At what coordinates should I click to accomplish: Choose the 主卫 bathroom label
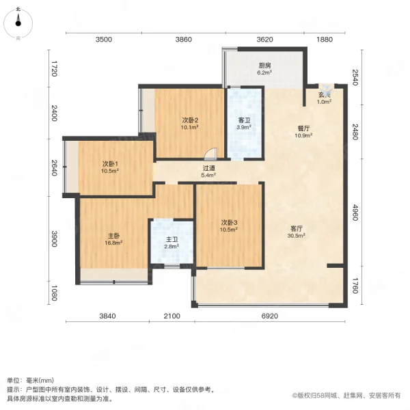coord(172,239)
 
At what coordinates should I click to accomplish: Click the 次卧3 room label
coord(229,222)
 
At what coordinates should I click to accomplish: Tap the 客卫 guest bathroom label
coord(244,120)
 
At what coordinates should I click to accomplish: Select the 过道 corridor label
coord(208,167)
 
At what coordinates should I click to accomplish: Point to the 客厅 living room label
coord(295,228)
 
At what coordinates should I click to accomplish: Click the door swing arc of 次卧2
coord(213,154)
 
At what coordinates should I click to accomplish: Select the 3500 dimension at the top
coord(103,40)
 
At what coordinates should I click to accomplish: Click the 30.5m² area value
coord(295,235)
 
